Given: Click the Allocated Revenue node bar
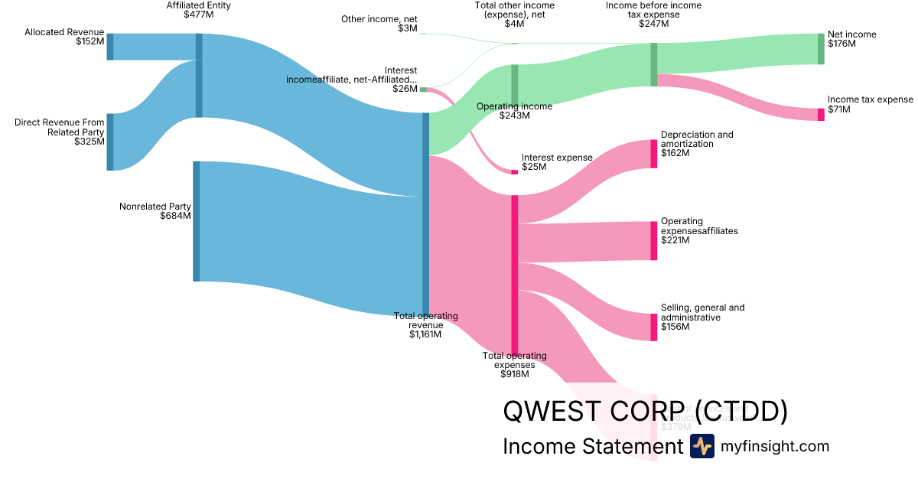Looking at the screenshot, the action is coord(110,47).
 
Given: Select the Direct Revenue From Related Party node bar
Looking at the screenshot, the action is coord(110,142).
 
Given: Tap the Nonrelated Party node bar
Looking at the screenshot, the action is coord(196,221).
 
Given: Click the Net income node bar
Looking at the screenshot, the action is coord(821,49).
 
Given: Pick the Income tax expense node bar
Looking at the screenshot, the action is coord(821,115).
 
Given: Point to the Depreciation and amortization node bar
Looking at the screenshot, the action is coord(654,154).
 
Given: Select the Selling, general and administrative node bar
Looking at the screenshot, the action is coord(654,327).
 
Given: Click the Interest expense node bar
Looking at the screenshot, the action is coord(514,172).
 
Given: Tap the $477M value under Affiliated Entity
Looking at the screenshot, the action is coord(198,15).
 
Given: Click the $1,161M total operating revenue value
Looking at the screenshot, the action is coord(425,334).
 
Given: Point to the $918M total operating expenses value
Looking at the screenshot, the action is coord(515,374).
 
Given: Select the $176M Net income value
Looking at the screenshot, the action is coord(841,44).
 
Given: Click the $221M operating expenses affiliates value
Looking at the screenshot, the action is coord(675,240).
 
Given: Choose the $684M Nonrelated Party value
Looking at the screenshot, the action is coord(175,216).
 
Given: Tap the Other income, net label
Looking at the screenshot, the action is coord(379,18).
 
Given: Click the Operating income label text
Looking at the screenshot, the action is coord(514,106).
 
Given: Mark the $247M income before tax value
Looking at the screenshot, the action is coord(653,24).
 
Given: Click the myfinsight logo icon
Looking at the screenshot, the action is coord(702,446).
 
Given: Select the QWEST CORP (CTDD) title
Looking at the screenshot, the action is coord(645,412).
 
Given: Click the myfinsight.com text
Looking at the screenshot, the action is coord(774,446).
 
